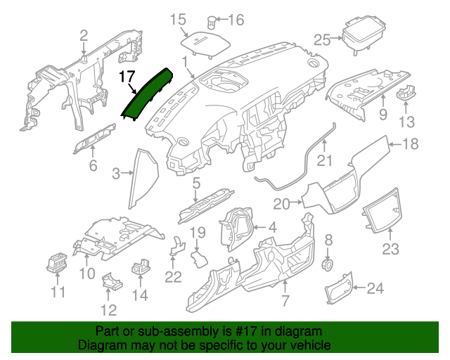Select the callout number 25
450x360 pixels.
pyautogui.click(x=322, y=39)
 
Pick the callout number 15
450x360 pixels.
pyautogui.click(x=178, y=20)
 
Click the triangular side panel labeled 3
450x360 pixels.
pyautogui.click(x=141, y=179)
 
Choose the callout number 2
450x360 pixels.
pyautogui.click(x=84, y=35)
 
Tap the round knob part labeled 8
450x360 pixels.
pyautogui.click(x=327, y=264)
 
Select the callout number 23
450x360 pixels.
pyautogui.click(x=390, y=249)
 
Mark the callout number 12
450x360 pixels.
pyautogui.click(x=108, y=309)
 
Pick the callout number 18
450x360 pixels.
pyautogui.click(x=409, y=144)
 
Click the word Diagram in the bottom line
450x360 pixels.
pyautogui.click(x=98, y=346)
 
